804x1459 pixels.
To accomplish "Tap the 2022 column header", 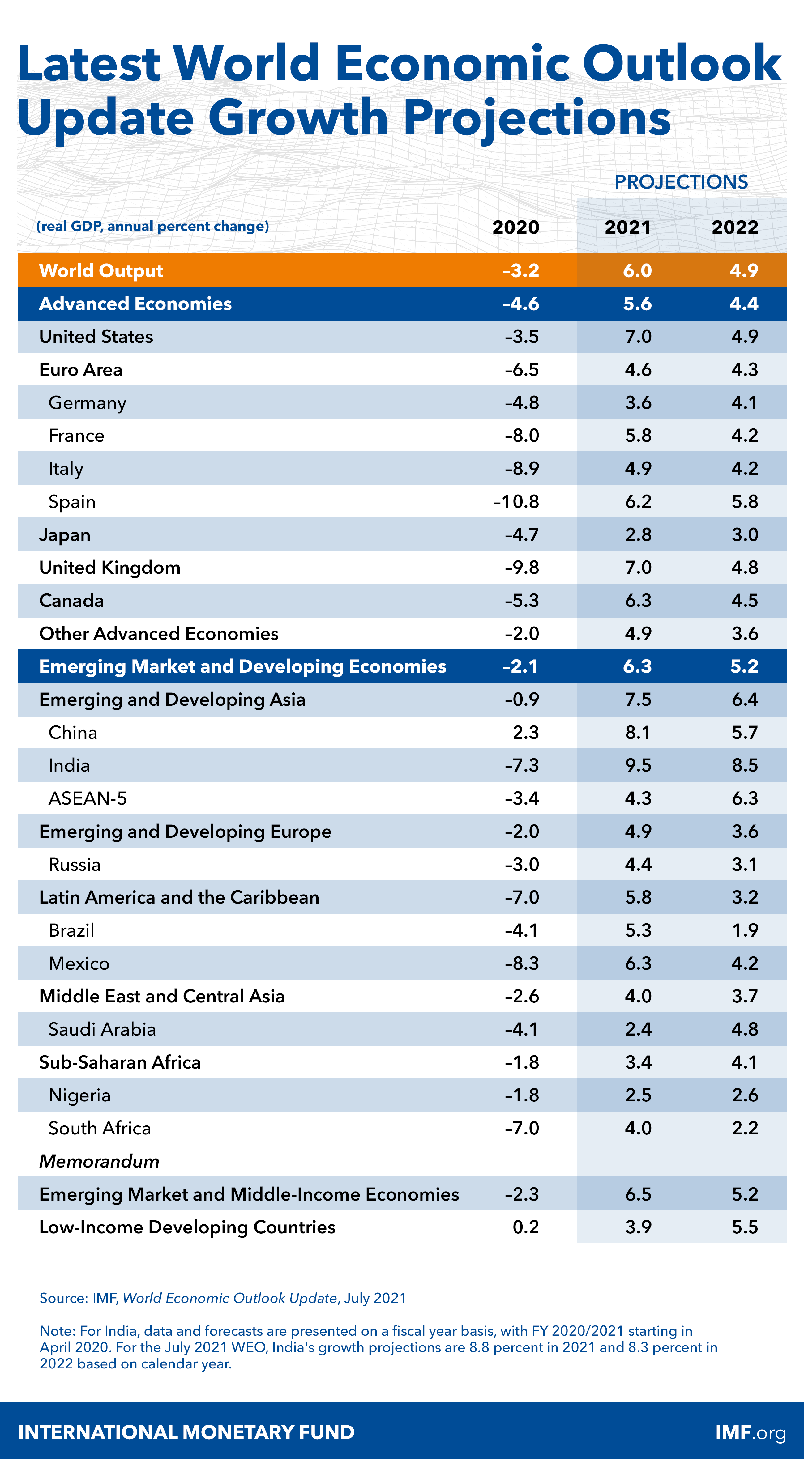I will pos(734,227).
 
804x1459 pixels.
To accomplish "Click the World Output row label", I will pos(101,271).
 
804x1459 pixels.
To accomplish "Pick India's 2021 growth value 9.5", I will pos(638,765).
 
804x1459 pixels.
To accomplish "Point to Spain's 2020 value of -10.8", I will pos(516,501).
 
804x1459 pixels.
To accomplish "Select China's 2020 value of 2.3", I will pos(525,732).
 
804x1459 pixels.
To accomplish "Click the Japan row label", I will pos(65,535).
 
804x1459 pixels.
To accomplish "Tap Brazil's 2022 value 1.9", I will pos(745,930).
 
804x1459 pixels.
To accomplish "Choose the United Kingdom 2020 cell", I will pos(522,568).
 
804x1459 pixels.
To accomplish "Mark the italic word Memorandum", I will pos(99,1161).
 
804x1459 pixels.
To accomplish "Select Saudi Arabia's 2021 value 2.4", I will pos(638,1029).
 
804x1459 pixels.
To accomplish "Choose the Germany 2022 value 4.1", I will pos(745,403).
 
